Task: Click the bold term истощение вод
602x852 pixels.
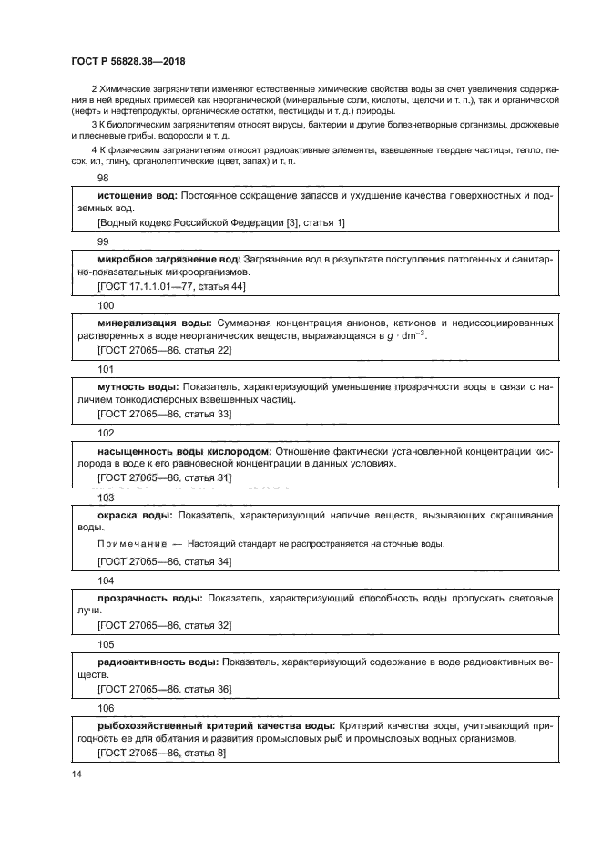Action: pyautogui.click(x=137, y=196)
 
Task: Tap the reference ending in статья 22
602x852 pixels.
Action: pyautogui.click(x=164, y=350)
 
